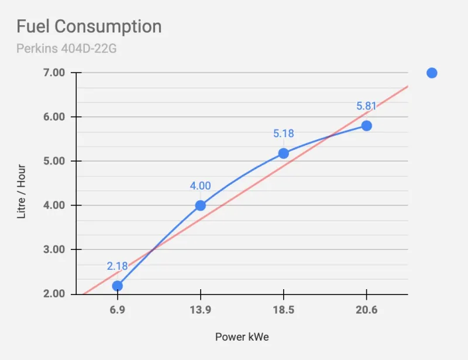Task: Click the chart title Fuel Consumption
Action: click(89, 26)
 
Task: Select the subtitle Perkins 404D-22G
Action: click(66, 49)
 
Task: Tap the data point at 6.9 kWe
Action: click(118, 286)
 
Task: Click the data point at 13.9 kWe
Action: click(200, 205)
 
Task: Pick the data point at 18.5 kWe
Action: click(283, 153)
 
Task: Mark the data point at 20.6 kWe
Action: click(367, 126)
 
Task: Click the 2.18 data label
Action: click(118, 266)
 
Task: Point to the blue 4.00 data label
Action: click(200, 186)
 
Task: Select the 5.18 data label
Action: click(284, 133)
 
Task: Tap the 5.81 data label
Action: click(366, 106)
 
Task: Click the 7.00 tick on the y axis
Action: click(54, 73)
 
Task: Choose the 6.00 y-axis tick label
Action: click(54, 117)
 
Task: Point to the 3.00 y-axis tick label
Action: click(54, 249)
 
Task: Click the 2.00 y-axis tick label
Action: click(54, 294)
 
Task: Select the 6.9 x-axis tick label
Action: click(118, 310)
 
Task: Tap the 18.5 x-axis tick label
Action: click(284, 310)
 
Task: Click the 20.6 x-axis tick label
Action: click(367, 310)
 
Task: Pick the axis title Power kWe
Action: click(242, 337)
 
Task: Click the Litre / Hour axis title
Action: click(21, 191)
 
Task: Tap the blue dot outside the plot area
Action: click(432, 73)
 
